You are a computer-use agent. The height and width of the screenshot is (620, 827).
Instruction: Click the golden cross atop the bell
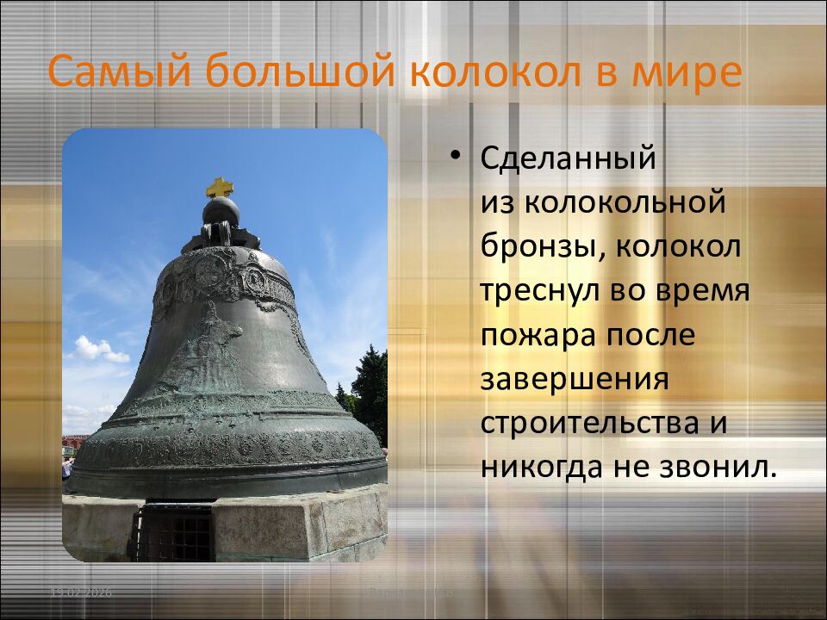[220, 187]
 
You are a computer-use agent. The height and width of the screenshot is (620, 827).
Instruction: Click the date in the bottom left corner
[81, 592]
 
